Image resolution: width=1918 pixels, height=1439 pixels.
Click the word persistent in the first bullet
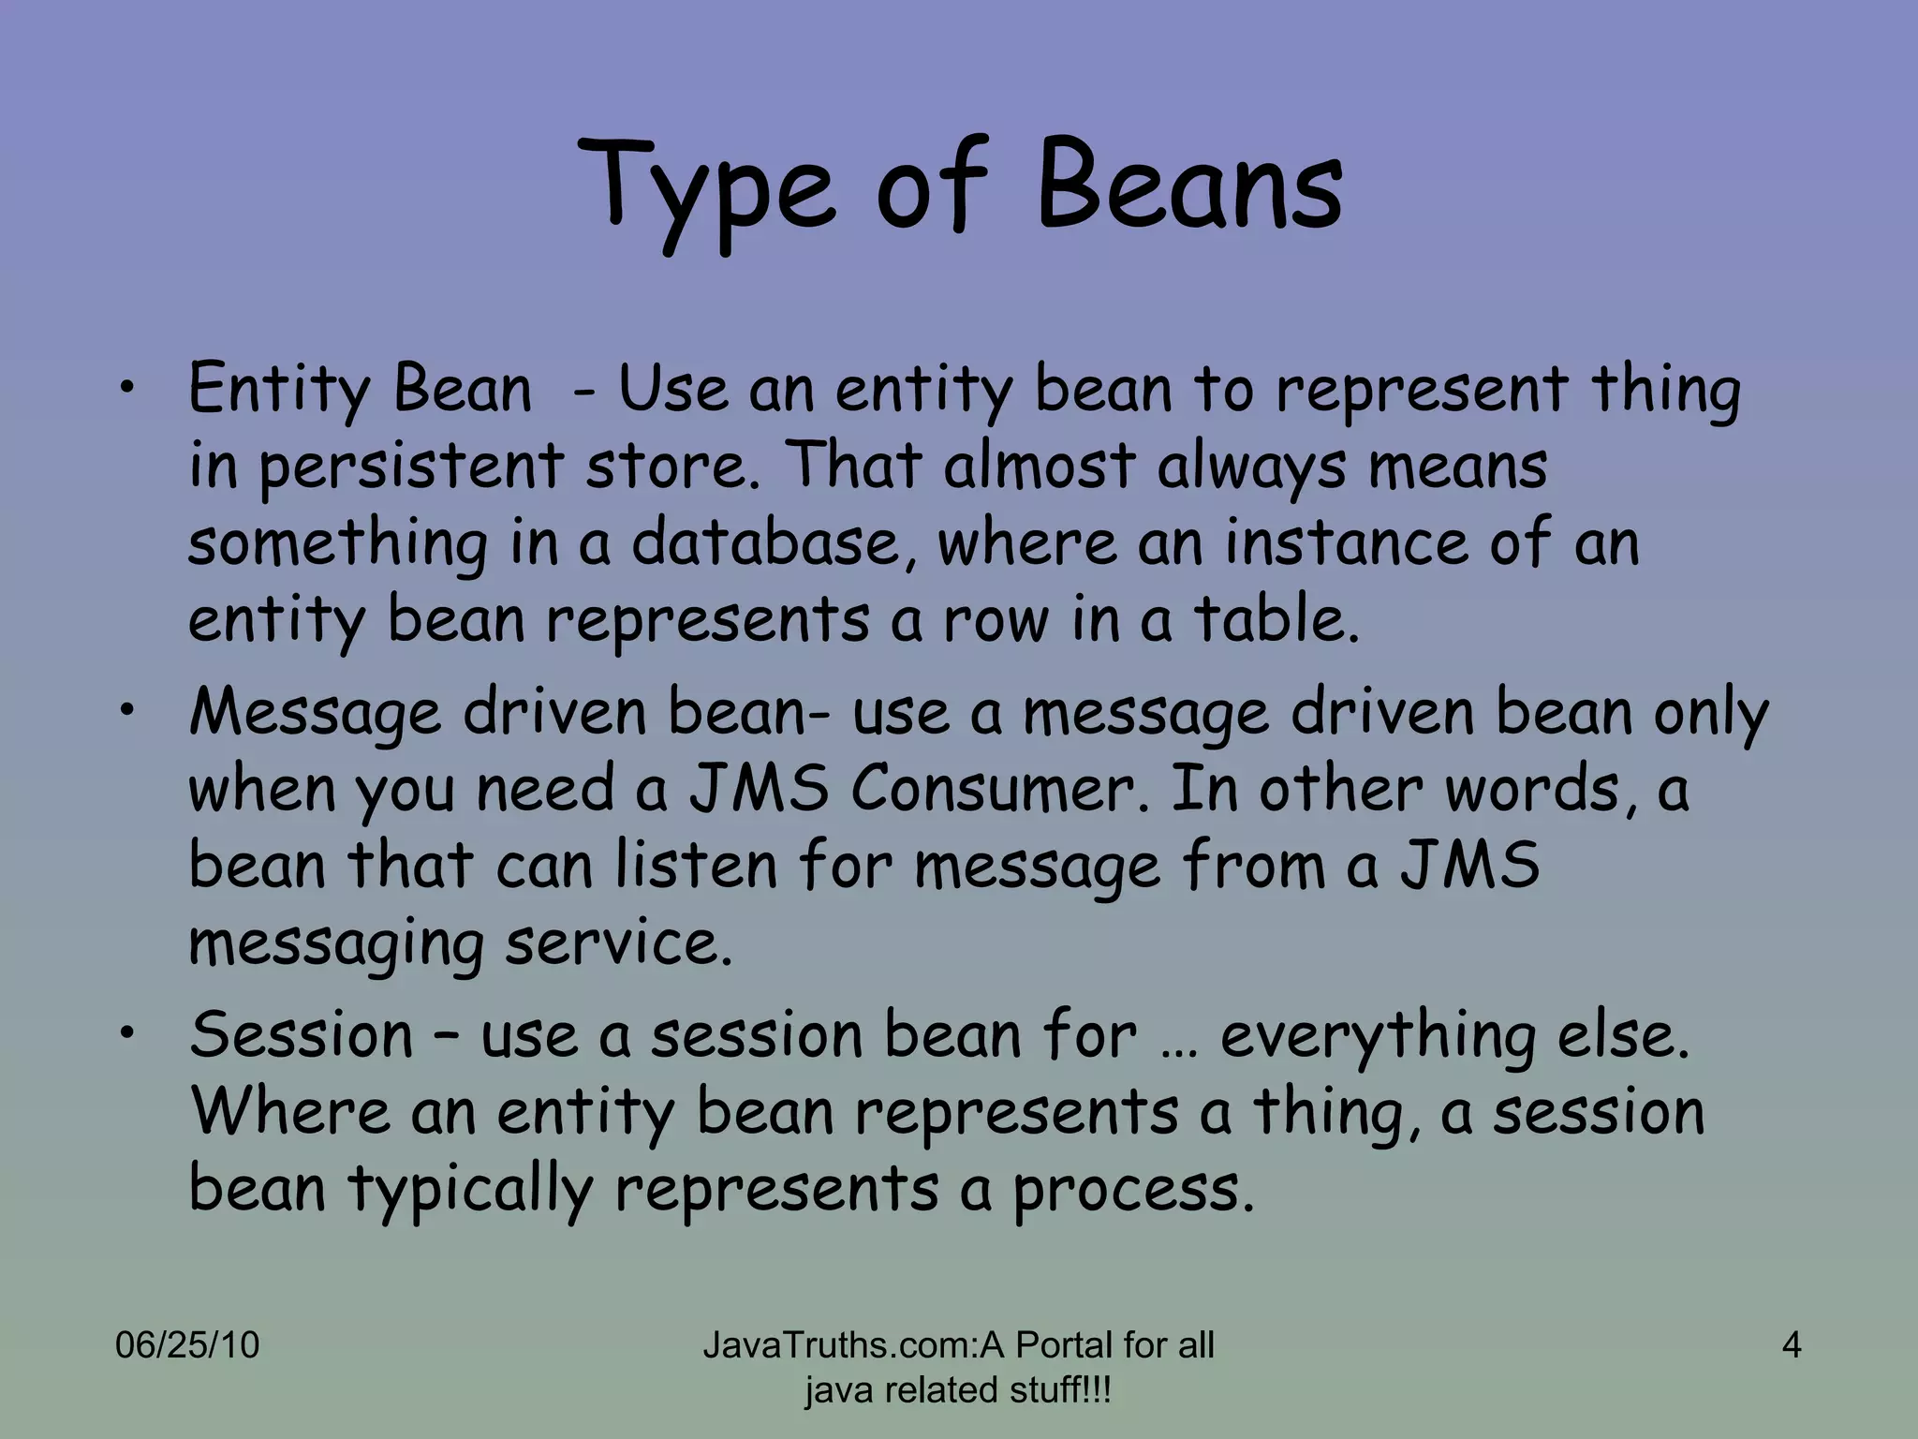pos(410,467)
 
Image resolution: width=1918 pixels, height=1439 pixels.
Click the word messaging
pos(335,943)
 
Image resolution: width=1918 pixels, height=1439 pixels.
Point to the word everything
pos(1378,1037)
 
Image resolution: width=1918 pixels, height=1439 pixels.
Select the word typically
pos(471,1190)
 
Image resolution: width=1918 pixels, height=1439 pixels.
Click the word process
pos(1131,1190)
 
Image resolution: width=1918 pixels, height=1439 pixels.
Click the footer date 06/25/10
pos(187,1345)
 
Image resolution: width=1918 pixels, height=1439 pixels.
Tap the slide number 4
pos(1791,1345)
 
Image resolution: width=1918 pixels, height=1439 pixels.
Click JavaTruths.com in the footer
pos(838,1345)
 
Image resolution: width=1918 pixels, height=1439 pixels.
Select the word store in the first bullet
pos(666,466)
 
